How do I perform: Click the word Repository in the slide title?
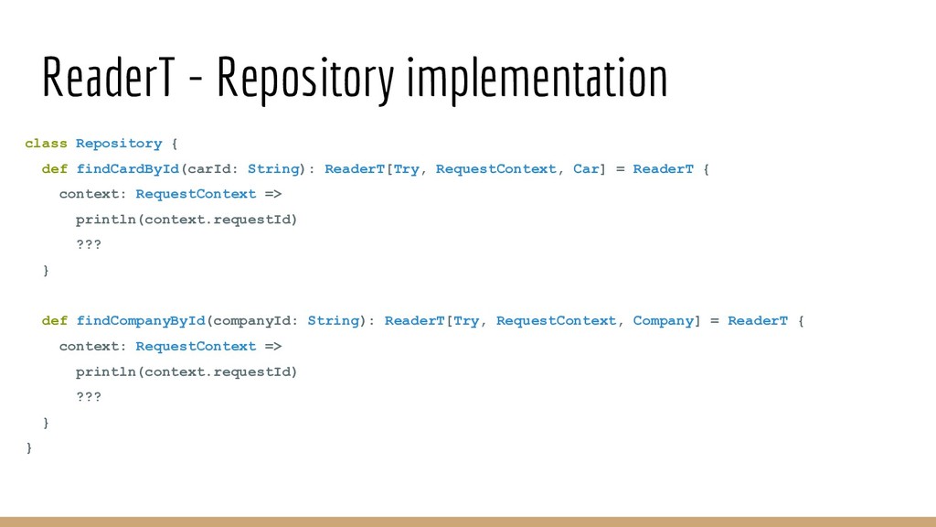point(304,81)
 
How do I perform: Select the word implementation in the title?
point(537,81)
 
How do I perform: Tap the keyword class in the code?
point(46,144)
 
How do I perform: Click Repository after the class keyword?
point(119,144)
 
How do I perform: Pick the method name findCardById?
point(128,169)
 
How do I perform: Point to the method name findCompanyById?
point(141,321)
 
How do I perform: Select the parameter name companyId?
point(252,321)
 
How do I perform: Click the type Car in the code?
point(586,169)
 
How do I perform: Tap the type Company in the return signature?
point(664,321)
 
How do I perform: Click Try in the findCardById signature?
point(406,169)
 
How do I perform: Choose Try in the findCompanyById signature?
point(466,321)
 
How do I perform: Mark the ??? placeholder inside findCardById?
point(89,245)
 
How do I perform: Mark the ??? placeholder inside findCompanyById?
point(89,397)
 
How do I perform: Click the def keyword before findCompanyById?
point(55,321)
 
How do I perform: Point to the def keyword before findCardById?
point(55,169)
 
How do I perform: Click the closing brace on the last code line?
point(29,447)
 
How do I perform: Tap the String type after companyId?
point(334,321)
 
